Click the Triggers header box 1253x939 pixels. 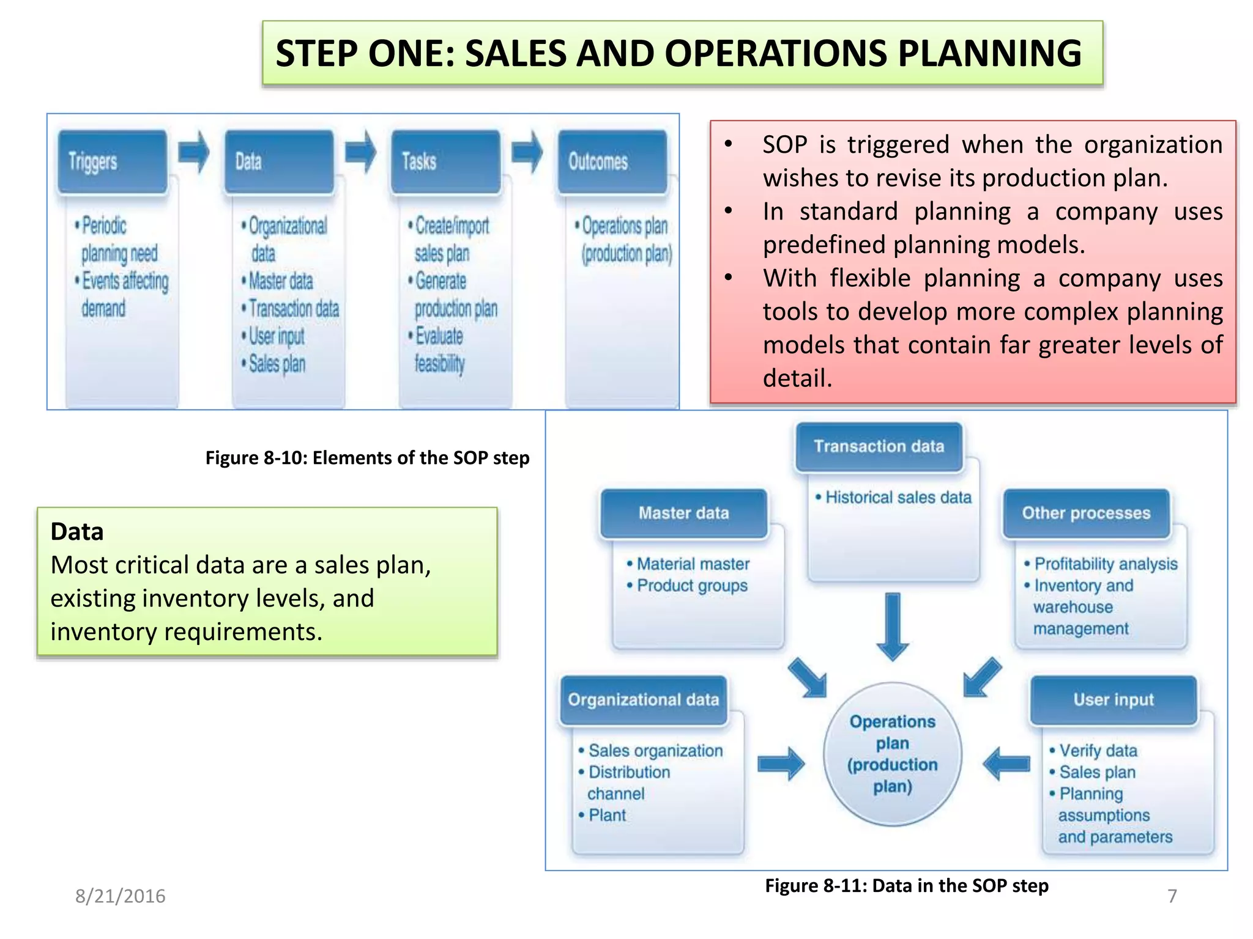(112, 162)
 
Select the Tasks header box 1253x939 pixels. (446, 162)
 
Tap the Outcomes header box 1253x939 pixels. (612, 162)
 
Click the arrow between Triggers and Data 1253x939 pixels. (195, 152)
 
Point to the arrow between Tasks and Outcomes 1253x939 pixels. (527, 152)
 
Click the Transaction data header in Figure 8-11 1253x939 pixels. (879, 447)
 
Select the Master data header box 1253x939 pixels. (683, 514)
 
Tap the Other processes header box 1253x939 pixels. (1086, 514)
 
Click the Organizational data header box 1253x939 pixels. (643, 700)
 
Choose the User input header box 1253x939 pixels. (1114, 700)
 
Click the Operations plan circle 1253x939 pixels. (893, 754)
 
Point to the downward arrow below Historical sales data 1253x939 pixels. (893, 627)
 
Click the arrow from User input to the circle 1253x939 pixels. (1006, 764)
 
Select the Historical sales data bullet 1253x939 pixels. (898, 498)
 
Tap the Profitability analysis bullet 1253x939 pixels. (1105, 564)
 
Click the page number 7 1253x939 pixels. (1172, 896)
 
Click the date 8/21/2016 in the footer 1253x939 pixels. (121, 896)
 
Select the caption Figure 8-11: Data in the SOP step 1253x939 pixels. (906, 886)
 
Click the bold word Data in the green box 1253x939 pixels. (77, 532)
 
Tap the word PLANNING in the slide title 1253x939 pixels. (989, 53)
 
